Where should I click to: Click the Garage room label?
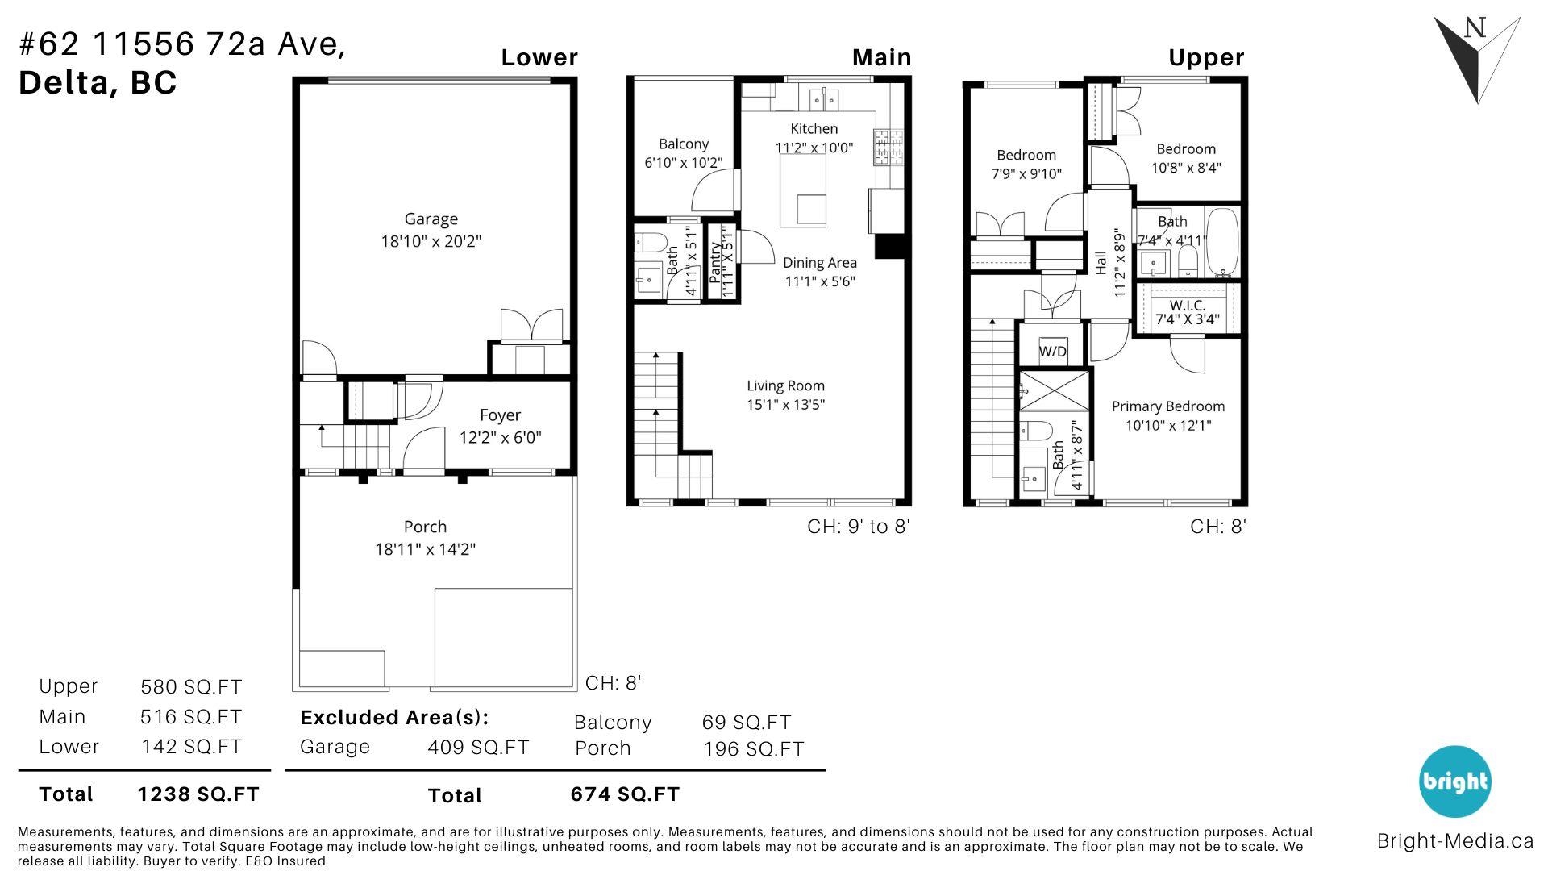coord(431,219)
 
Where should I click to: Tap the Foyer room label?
coord(500,415)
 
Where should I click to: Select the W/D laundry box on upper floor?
coord(1053,351)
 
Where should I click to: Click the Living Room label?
coord(785,386)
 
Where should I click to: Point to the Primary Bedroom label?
coord(1167,407)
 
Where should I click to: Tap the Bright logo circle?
coord(1454,781)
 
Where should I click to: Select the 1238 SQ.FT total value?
coord(198,794)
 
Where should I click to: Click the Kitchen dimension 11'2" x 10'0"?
coord(814,148)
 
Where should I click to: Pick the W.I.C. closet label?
coord(1187,306)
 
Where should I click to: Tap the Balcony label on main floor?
coord(684,144)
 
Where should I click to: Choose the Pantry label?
coord(715,261)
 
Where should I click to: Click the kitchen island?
coord(803,190)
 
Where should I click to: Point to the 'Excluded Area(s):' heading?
coord(394,717)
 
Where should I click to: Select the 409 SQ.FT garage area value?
coord(478,748)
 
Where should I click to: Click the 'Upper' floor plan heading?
coord(1206,58)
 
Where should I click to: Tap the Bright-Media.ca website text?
coord(1454,841)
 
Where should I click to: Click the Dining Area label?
coord(820,263)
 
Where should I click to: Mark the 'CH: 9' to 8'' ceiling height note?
coord(859,527)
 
